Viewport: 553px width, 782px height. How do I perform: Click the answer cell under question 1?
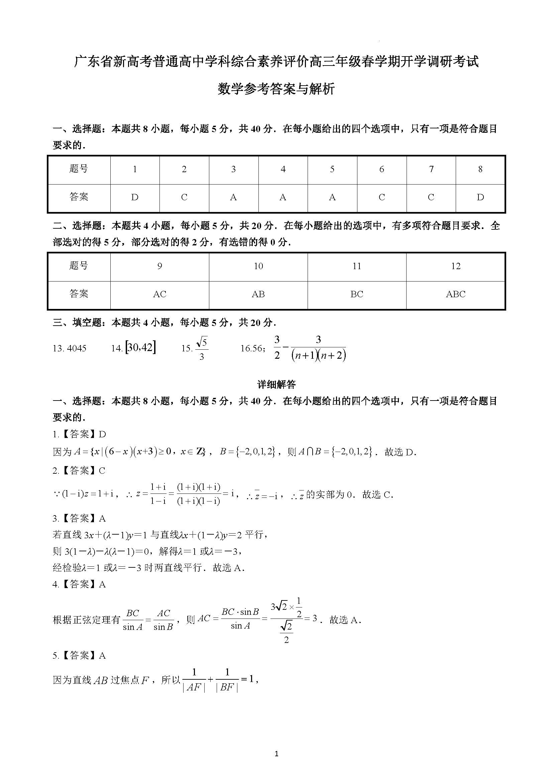coord(135,198)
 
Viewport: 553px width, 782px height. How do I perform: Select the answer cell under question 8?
coord(480,198)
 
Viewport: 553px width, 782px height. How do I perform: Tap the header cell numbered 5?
coord(332,169)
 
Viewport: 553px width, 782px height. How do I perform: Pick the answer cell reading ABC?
coord(456,294)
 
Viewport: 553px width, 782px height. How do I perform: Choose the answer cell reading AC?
coord(159,294)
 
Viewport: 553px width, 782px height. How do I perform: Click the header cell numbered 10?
coord(258,266)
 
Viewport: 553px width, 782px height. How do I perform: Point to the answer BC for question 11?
coord(356,294)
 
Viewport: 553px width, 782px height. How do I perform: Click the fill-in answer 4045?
coord(77,348)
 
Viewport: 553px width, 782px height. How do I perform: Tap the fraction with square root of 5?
coord(202,348)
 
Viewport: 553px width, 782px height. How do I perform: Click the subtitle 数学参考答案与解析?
coord(276,89)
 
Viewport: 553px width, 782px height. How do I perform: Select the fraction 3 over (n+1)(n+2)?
coord(318,348)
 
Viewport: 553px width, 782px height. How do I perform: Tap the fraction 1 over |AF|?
coord(194,680)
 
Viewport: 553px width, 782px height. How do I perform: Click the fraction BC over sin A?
coord(132,620)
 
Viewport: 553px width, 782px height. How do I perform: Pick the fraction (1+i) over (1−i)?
coord(158,494)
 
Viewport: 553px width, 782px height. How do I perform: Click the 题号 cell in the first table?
coord(79,169)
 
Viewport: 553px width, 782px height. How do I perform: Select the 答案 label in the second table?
coord(79,294)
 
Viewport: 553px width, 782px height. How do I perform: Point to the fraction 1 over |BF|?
coord(227,680)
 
